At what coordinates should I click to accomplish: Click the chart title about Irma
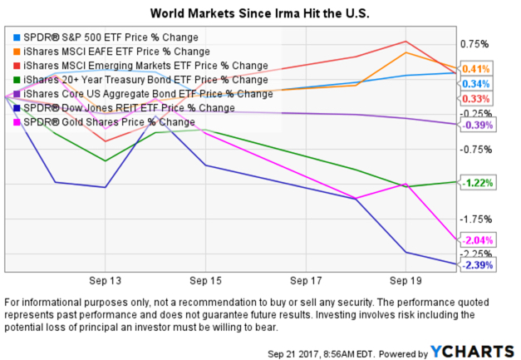(x=260, y=14)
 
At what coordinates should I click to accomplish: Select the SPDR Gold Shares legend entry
(x=105, y=122)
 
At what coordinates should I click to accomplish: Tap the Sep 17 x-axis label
(x=306, y=281)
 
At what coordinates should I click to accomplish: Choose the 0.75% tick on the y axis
(x=474, y=44)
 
